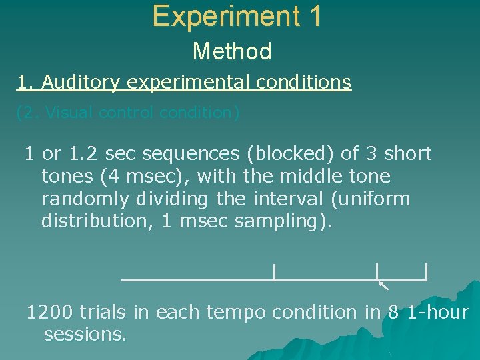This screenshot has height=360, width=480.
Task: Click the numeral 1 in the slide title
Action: tap(315, 16)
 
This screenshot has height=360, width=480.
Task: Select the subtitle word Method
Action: tap(232, 51)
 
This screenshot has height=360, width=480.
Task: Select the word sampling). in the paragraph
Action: tap(283, 221)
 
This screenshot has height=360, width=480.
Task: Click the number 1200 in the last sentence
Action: tap(50, 312)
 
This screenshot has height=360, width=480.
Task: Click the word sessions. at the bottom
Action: tap(85, 334)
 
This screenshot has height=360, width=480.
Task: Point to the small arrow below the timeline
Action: tap(383, 287)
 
